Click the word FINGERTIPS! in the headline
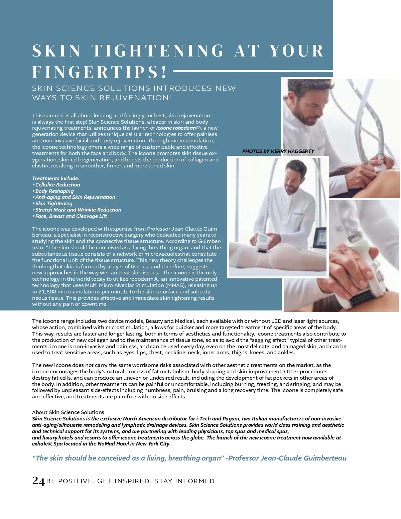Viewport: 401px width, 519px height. [99, 72]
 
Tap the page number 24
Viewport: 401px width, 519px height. [38, 481]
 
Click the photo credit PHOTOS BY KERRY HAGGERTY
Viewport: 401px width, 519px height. [278, 151]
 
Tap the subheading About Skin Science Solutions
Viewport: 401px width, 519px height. [68, 412]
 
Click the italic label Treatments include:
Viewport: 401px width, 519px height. [56, 178]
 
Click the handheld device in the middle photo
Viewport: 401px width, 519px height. [262, 242]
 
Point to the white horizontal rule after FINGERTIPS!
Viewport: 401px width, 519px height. [253, 71]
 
